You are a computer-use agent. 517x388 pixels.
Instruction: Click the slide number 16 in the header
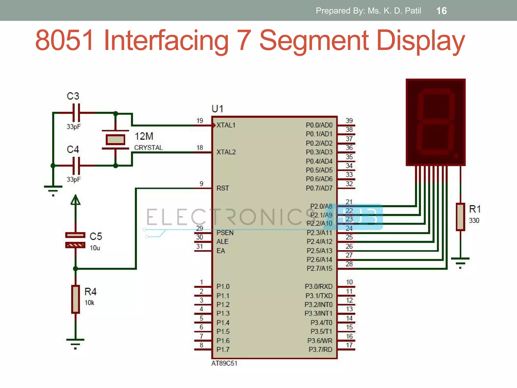point(441,11)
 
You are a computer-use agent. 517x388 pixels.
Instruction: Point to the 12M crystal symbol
point(115,139)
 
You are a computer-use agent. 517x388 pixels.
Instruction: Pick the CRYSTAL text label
point(148,148)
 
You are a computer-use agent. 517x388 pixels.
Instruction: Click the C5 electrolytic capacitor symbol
point(75,240)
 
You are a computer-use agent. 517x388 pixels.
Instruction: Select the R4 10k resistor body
point(75,299)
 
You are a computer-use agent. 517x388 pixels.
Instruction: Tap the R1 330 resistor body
point(460,217)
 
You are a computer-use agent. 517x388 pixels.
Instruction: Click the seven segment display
point(435,122)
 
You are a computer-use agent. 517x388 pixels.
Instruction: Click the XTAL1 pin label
point(226,125)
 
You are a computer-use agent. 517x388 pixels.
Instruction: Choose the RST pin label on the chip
point(223,188)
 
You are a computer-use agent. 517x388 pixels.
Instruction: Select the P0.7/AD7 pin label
point(319,188)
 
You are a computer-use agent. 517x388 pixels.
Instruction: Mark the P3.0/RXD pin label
point(319,286)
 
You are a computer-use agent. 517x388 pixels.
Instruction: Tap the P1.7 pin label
point(223,350)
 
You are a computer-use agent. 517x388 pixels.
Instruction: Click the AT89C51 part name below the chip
point(224,363)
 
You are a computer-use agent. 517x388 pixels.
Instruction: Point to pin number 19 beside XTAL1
point(200,121)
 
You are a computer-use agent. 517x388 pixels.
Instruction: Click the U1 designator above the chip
point(217,109)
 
